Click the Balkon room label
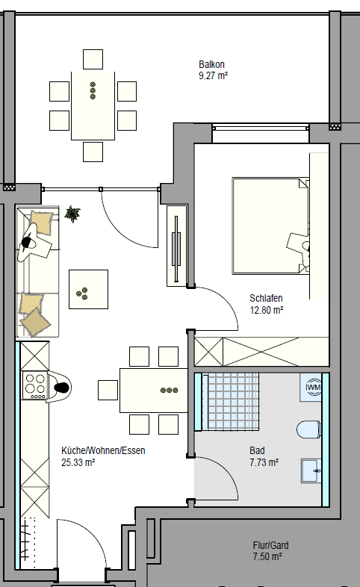click(211, 64)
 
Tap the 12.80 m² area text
click(267, 310)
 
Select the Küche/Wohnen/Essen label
click(103, 450)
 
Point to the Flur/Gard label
click(270, 545)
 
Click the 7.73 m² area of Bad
click(264, 462)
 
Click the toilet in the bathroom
click(309, 429)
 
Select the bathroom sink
click(311, 470)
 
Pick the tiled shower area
click(230, 401)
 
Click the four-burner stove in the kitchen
click(35, 385)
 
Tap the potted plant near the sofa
click(72, 214)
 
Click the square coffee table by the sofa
click(88, 289)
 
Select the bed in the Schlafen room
click(271, 226)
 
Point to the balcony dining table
click(93, 106)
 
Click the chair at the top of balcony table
click(93, 59)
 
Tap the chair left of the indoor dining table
click(108, 390)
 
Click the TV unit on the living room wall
click(176, 246)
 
